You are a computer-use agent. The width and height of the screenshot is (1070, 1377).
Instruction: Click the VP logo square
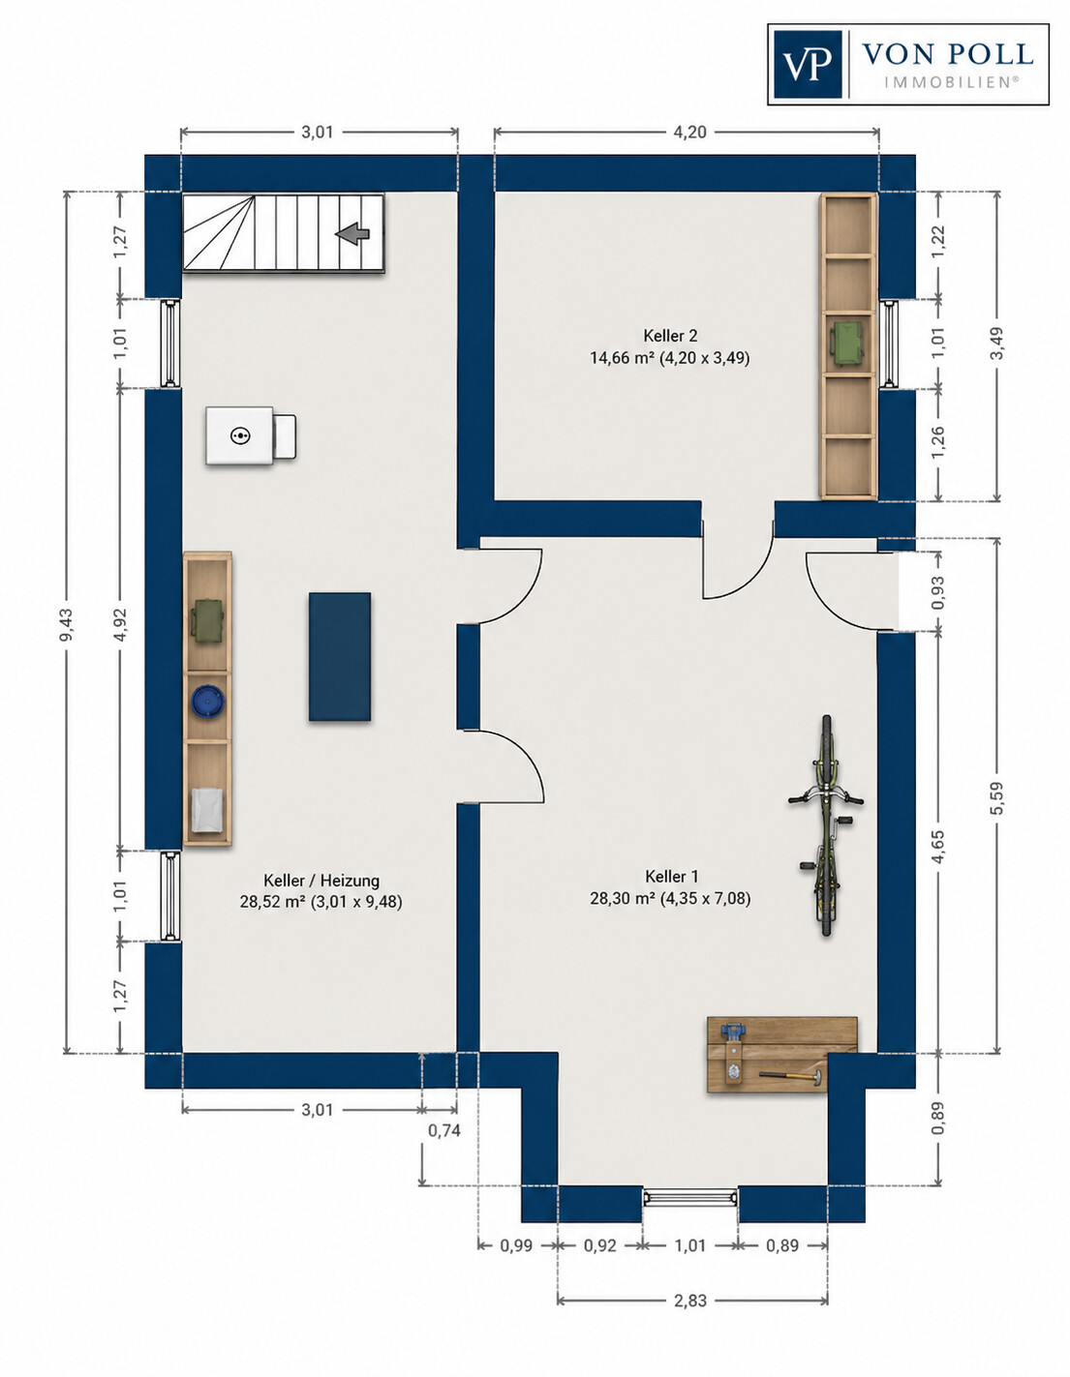[808, 64]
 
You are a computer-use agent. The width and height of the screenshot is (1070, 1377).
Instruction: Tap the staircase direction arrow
[352, 234]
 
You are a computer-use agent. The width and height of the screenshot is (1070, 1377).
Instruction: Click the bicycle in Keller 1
[826, 825]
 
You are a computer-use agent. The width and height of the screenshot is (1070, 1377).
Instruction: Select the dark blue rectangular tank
[340, 656]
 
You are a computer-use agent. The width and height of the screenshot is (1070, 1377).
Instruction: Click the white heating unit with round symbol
[251, 435]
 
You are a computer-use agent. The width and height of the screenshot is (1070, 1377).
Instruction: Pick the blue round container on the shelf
[208, 702]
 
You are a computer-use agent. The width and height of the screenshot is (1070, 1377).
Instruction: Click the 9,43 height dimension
[66, 624]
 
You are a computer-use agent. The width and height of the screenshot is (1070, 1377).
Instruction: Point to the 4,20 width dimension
[689, 132]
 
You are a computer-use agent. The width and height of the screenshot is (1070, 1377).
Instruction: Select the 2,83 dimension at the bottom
[689, 1301]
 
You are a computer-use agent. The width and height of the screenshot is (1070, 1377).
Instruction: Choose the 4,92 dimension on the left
[120, 624]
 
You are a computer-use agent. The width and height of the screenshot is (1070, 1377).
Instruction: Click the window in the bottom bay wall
[690, 1198]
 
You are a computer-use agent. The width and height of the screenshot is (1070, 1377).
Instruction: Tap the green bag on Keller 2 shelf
[847, 344]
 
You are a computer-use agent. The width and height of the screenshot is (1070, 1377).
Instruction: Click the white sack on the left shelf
[206, 809]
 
